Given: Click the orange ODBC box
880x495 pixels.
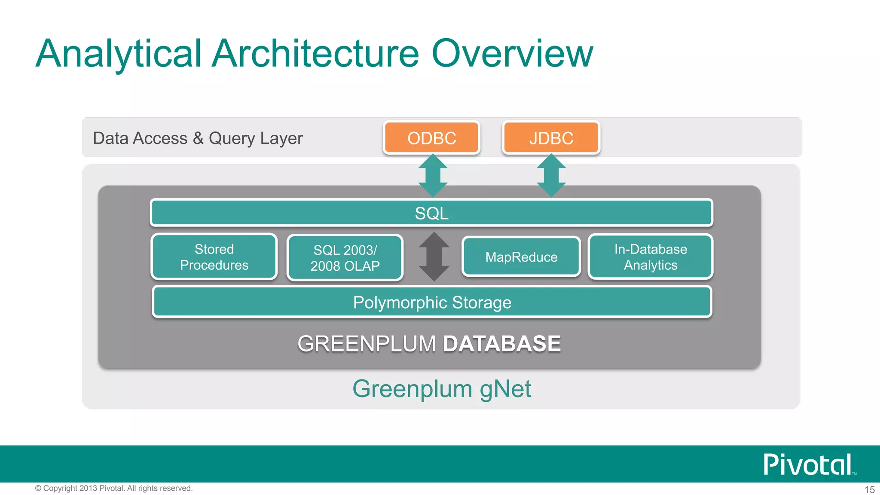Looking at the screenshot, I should tap(431, 138).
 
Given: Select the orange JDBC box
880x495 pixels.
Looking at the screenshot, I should tap(551, 138).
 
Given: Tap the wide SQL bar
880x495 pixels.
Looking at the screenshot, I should tap(431, 213).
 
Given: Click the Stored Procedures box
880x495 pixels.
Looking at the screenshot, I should tap(214, 257).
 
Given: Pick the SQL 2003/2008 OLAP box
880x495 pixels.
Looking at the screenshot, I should tap(345, 258).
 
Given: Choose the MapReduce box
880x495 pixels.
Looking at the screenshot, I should tap(521, 257).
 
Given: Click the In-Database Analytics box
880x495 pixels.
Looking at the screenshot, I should tap(651, 257).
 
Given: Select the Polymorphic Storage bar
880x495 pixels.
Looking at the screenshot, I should tap(432, 302).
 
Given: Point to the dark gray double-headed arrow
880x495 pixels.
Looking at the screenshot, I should tap(434, 257).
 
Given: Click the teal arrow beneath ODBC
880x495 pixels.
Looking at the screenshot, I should tap(433, 175).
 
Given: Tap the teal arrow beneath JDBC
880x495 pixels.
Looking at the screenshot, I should tap(551, 175).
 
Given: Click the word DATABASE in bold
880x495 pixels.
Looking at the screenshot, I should tap(502, 344).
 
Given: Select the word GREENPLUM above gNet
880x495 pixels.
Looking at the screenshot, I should tap(367, 344).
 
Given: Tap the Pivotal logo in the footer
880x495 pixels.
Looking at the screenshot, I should tap(808, 464).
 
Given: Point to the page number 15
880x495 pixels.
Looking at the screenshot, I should tap(869, 489).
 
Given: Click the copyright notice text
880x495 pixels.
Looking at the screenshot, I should tap(114, 488).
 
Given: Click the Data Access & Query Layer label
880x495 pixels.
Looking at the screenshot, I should tap(198, 138).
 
